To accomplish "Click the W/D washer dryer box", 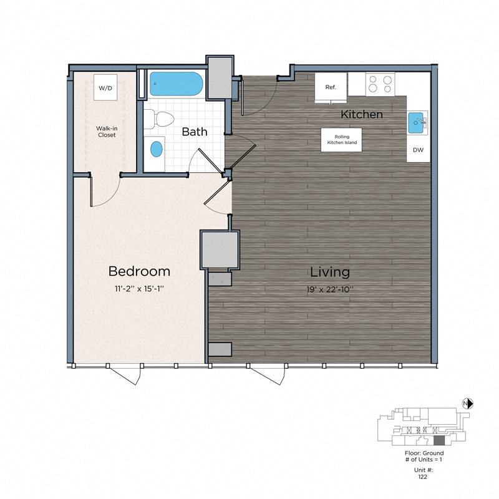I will point(105,88).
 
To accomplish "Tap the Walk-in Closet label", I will point(106,131).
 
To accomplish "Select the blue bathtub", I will point(175,84).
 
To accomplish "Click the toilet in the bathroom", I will point(162,119).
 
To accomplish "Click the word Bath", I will point(195,132).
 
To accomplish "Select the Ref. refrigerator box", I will point(331,87).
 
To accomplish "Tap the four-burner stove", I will point(379,84).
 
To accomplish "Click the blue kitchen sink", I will point(417,124).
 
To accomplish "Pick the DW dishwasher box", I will point(417,151).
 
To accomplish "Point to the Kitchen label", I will point(362,115).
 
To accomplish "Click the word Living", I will point(330,272).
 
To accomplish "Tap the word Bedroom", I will point(139,271).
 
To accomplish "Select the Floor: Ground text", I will point(424,453).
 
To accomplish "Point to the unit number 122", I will point(424,476).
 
